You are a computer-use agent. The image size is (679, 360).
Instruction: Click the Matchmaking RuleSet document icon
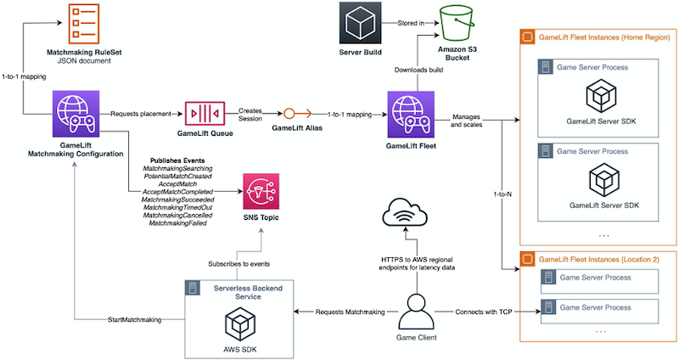pyautogui.click(x=83, y=23)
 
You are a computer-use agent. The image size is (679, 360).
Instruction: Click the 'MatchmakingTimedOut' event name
pyautogui.click(x=178, y=207)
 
